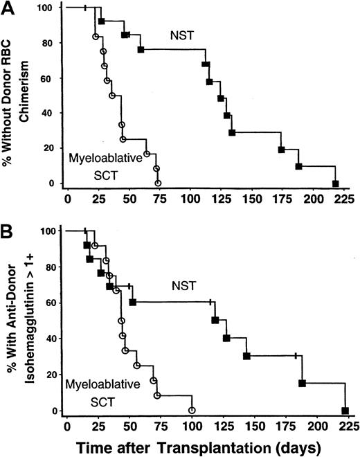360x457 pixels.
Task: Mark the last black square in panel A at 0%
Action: click(336, 183)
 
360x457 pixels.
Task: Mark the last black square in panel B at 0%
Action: click(345, 411)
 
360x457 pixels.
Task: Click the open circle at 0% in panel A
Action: click(159, 183)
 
